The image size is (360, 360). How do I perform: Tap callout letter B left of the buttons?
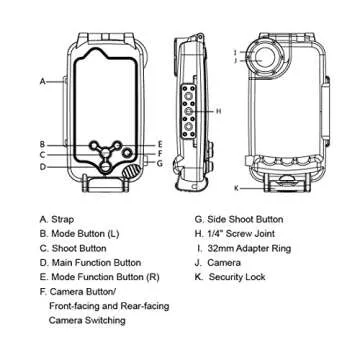point(42,144)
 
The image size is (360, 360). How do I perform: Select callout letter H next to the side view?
point(219,111)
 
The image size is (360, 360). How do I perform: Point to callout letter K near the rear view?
point(236,187)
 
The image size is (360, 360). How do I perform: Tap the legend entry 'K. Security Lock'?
point(238,276)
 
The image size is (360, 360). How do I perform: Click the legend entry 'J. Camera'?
point(226,262)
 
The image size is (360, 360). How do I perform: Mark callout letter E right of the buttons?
point(159,144)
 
